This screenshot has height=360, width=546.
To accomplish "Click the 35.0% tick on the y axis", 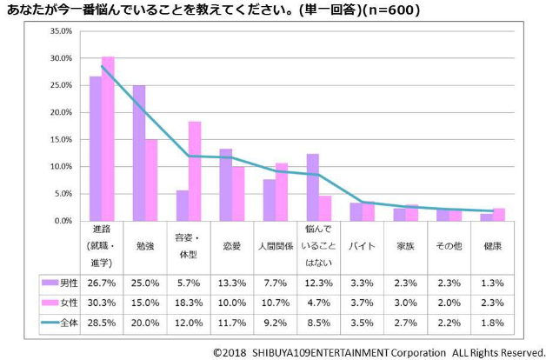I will [60, 31].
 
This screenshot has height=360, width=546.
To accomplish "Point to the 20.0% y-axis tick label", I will [60, 112].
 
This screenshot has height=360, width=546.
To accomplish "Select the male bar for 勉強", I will [138, 153].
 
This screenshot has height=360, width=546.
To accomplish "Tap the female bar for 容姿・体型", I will [195, 170].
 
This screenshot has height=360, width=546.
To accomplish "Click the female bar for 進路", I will [108, 138].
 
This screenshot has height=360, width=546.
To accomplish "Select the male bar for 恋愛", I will [225, 184].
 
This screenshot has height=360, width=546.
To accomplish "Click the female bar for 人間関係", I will [282, 191].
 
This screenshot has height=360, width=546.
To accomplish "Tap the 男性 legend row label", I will [68, 282].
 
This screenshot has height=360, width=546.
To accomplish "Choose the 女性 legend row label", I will [68, 302].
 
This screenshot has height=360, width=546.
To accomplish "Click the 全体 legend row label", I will [68, 322].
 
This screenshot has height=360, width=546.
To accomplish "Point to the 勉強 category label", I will [144, 246].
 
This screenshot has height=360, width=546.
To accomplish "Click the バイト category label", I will [362, 246].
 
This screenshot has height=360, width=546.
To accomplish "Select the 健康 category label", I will [492, 246].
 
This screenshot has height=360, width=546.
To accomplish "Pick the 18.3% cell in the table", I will [188, 302].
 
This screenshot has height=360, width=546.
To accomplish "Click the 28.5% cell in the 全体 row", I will [101, 322].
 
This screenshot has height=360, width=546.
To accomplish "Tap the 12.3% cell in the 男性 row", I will [318, 282].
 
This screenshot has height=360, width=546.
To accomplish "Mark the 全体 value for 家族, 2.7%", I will [405, 322].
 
